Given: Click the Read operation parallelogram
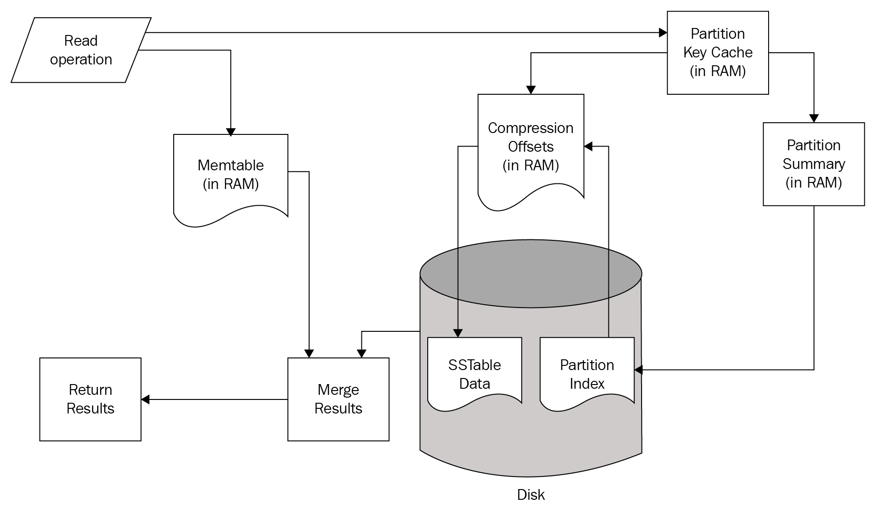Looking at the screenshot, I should point(81,50).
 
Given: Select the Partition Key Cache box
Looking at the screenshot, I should point(718,53).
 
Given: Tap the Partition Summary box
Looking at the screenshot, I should point(813,164).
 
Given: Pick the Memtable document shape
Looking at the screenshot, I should point(231,175).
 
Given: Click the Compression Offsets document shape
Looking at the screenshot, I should point(531,147).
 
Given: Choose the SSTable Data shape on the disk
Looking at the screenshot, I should point(474,374).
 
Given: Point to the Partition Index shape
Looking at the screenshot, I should point(587,374).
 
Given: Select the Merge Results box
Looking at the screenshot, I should point(338,399).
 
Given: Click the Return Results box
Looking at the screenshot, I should point(90,399).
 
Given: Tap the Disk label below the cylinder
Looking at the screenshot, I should point(531,495).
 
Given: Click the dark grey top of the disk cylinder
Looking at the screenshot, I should point(531,273).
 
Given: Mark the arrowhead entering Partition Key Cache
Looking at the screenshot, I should point(663,33).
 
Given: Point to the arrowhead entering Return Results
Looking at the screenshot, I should point(146,399).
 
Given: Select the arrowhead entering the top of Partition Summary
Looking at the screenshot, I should point(814,119).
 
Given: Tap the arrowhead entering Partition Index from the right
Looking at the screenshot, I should point(638,370).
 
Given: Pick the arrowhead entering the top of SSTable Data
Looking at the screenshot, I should point(458,333).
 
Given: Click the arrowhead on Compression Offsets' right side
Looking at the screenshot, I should point(588,147).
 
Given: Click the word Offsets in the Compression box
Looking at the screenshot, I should point(531,147).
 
